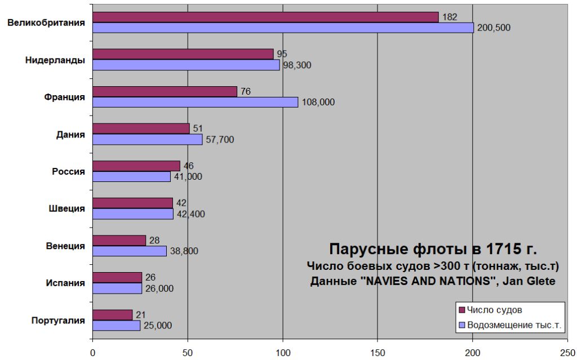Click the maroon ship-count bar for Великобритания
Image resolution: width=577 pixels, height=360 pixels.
pos(265,17)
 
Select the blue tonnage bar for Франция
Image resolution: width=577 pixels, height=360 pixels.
pos(195,102)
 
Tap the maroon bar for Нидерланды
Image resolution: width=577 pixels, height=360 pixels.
pos(183,54)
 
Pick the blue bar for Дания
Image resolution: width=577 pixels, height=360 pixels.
pos(147,139)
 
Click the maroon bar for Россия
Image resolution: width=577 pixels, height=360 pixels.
pos(136,166)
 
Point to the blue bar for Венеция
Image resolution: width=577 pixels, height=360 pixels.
pos(130,251)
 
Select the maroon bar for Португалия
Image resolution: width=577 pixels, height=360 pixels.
pos(112,314)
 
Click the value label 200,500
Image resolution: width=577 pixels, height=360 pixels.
pos(494,28)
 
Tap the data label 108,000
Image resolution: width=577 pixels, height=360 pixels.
pos(318,102)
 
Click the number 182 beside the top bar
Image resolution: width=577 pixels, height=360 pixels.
pos(449,17)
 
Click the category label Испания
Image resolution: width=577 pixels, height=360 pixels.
pos(65,283)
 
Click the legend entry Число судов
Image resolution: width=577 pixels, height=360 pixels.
pos(499,310)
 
